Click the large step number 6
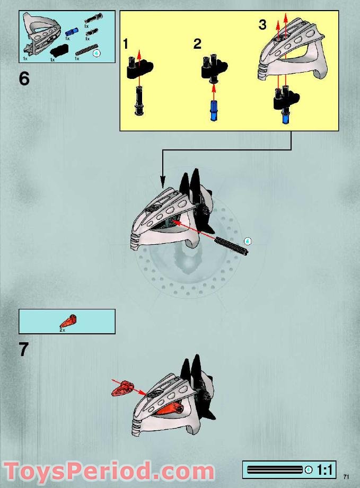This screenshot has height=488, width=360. click(x=24, y=78)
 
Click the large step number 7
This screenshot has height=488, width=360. click(x=24, y=349)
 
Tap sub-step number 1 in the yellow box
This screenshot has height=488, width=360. click(x=126, y=44)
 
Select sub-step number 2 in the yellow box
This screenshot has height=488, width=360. click(x=197, y=44)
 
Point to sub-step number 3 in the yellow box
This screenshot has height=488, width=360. click(x=262, y=24)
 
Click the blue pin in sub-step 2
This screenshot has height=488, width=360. click(x=213, y=111)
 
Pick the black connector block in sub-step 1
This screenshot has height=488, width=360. click(x=139, y=67)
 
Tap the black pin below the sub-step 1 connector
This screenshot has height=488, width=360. click(x=139, y=101)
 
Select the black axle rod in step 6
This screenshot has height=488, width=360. click(x=232, y=246)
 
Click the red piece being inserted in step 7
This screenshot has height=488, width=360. click(x=122, y=388)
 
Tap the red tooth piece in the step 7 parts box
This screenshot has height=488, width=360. click(x=68, y=322)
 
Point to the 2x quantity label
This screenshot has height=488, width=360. click(x=62, y=330)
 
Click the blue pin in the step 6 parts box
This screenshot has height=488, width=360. click(x=72, y=31)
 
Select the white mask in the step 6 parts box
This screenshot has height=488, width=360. click(x=40, y=34)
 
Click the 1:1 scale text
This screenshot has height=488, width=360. click(x=324, y=469)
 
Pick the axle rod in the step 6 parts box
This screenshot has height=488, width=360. click(x=85, y=50)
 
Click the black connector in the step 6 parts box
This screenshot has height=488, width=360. click(x=59, y=49)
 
